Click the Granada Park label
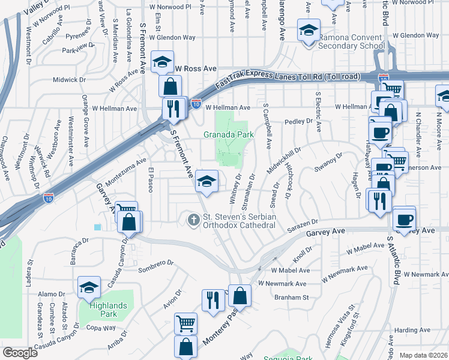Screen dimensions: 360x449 229,135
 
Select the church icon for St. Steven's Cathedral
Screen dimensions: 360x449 194,221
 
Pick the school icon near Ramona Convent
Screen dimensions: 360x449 309,31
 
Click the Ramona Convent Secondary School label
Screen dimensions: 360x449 351,41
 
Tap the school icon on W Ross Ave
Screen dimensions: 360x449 162,62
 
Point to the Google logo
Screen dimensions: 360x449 20,352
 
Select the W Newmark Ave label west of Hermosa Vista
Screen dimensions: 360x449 282,283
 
